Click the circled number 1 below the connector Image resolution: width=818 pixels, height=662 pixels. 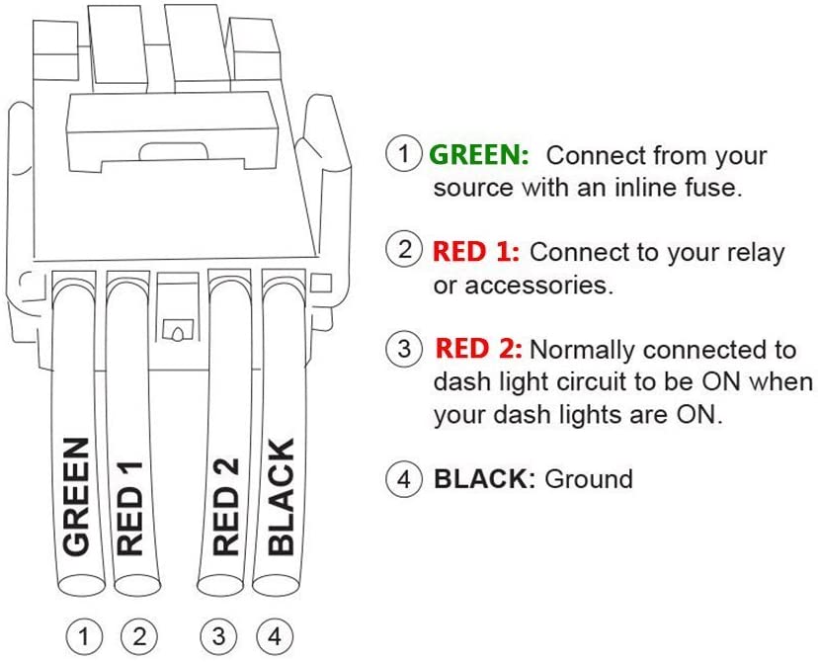pyautogui.click(x=88, y=633)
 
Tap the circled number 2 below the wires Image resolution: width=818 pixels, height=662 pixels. pyautogui.click(x=139, y=633)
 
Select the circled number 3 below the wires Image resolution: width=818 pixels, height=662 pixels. pyautogui.click(x=222, y=633)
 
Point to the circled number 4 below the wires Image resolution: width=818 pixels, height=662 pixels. pyautogui.click(x=276, y=633)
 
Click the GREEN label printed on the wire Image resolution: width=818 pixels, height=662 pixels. pyautogui.click(x=77, y=494)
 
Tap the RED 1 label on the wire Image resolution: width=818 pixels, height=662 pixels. pyautogui.click(x=130, y=506)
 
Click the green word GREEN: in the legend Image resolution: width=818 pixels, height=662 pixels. pyautogui.click(x=479, y=155)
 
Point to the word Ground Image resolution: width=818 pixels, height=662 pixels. pyautogui.click(x=589, y=479)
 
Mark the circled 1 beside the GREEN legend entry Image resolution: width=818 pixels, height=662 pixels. pyautogui.click(x=403, y=154)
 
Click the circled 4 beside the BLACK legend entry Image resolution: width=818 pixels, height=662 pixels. pyautogui.click(x=403, y=479)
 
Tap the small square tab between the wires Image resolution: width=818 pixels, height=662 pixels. pyautogui.click(x=178, y=329)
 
